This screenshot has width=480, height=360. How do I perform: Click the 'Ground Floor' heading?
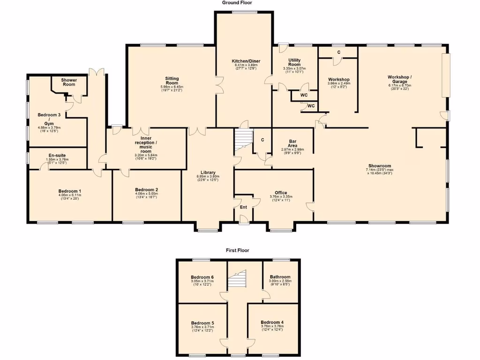coord(237,3)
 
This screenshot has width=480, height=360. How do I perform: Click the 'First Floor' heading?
coord(237,250)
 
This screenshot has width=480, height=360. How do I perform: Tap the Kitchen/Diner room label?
coord(246,61)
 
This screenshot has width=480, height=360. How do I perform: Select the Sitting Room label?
coord(172,81)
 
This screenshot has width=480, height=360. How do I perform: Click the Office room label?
coord(281,193)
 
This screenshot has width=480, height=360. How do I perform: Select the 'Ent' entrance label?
coord(243,207)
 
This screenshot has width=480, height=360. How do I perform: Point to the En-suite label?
coord(57,155)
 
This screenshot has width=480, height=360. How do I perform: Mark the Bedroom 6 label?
coord(202,277)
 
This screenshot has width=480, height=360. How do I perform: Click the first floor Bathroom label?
coord(280,277)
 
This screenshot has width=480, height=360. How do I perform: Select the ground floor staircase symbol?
coord(243,139)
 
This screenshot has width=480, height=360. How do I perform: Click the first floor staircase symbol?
coord(237,280)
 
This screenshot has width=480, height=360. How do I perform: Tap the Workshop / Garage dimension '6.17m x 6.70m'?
coord(399,86)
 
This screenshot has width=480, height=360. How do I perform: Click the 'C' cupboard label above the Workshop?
coord(338,52)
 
